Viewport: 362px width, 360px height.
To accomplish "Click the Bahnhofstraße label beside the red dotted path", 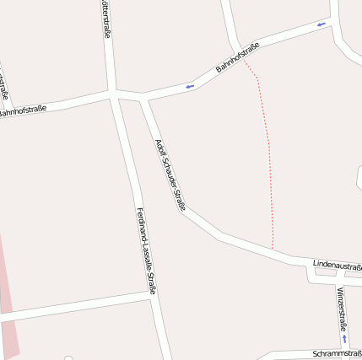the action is coord(237,56).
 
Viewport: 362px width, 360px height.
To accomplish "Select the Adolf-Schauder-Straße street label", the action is coord(170,174).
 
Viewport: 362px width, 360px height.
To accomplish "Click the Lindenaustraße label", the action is coord(337,265).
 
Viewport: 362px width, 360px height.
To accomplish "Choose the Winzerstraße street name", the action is coord(342,308).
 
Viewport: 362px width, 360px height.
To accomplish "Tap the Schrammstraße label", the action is coord(337,353).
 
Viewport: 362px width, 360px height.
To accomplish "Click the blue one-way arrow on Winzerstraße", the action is coord(344,338).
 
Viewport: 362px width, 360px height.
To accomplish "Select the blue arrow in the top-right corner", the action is coord(321,24).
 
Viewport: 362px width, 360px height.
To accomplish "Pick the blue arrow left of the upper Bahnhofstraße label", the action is coord(189,85).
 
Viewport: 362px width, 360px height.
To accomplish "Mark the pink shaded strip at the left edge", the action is coord(7,304).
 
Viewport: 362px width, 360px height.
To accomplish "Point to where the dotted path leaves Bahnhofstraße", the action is coord(242,59).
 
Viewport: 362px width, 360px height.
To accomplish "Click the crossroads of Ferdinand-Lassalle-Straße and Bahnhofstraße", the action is coord(113,94).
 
